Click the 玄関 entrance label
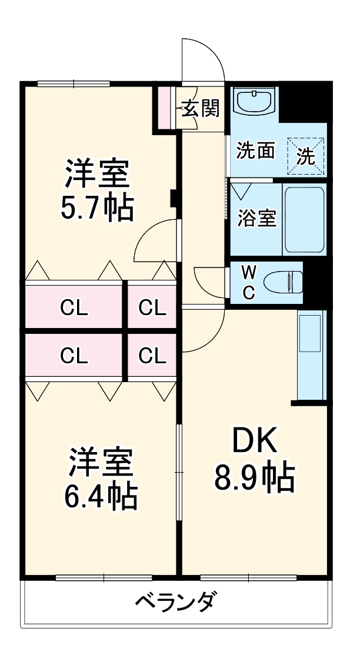pyautogui.click(x=201, y=109)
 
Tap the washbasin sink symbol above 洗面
pyautogui.click(x=254, y=101)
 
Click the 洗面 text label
pyautogui.click(x=255, y=150)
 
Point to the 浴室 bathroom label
pyautogui.click(x=256, y=218)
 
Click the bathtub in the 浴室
pyautogui.click(x=304, y=219)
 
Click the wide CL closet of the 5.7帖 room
pyautogui.click(x=74, y=306)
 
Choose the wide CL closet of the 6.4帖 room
pyautogui.click(x=74, y=355)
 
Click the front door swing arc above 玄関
pyautogui.click(x=204, y=59)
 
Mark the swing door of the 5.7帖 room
pyautogui.click(x=156, y=241)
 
